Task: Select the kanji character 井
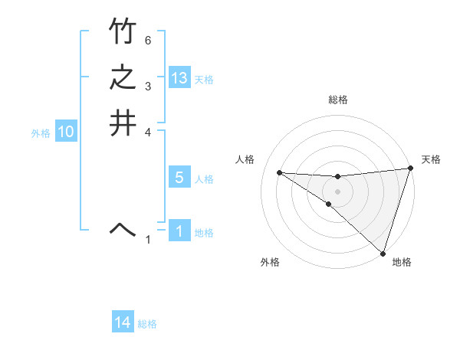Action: pyautogui.click(x=122, y=124)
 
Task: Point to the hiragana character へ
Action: pyautogui.click(x=122, y=228)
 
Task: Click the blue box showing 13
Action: pyautogui.click(x=179, y=78)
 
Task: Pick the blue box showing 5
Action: pyautogui.click(x=179, y=178)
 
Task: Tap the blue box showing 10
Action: pyautogui.click(x=66, y=132)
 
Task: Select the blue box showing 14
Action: pyautogui.click(x=123, y=322)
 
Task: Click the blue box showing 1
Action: pyautogui.click(x=179, y=231)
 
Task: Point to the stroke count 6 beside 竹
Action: pyautogui.click(x=148, y=40)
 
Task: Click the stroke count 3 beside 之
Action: pyautogui.click(x=148, y=86)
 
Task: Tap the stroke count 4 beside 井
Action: pyautogui.click(x=148, y=132)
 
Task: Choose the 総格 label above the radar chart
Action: pyautogui.click(x=338, y=100)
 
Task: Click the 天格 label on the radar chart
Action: pyautogui.click(x=431, y=159)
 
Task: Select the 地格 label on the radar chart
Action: pyautogui.click(x=402, y=262)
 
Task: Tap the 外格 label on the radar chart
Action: pyautogui.click(x=270, y=262)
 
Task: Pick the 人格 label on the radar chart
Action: pyautogui.click(x=245, y=159)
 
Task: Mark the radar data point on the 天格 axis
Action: pyautogui.click(x=411, y=169)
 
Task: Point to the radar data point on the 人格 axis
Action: pyautogui.click(x=279, y=172)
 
